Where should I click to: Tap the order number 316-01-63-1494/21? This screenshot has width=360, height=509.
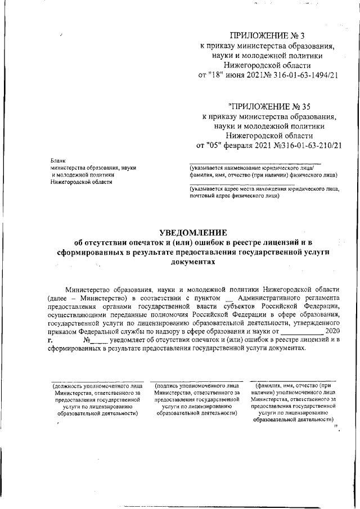click(301, 75)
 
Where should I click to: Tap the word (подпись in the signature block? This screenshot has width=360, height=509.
click(170, 386)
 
